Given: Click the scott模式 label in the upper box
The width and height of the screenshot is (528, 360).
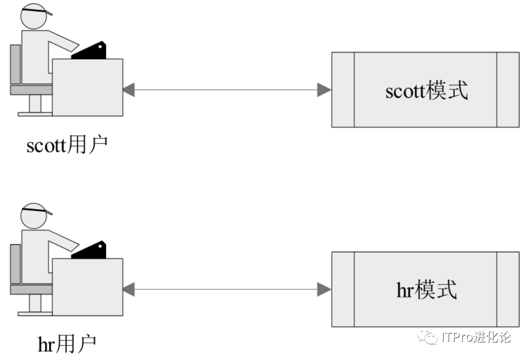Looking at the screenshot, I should pyautogui.click(x=426, y=90).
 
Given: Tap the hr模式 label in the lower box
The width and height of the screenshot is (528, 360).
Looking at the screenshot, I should pyautogui.click(x=426, y=289).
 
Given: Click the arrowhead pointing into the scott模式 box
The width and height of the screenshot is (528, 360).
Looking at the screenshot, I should pyautogui.click(x=324, y=90).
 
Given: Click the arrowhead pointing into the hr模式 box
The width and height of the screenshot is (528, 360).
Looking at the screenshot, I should pyautogui.click(x=324, y=289).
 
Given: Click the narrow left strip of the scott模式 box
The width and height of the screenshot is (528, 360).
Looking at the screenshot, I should pyautogui.click(x=343, y=89).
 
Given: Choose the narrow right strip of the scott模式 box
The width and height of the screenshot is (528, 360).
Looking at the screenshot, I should pyautogui.click(x=508, y=89).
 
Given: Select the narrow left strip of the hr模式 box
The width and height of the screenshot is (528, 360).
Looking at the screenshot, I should pyautogui.click(x=343, y=289).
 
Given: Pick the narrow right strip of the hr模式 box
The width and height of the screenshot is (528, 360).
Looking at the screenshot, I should pyautogui.click(x=508, y=289).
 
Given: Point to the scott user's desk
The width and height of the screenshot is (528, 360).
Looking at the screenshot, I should pyautogui.click(x=87, y=87).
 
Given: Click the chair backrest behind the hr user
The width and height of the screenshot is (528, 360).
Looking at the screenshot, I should pyautogui.click(x=15, y=264).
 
